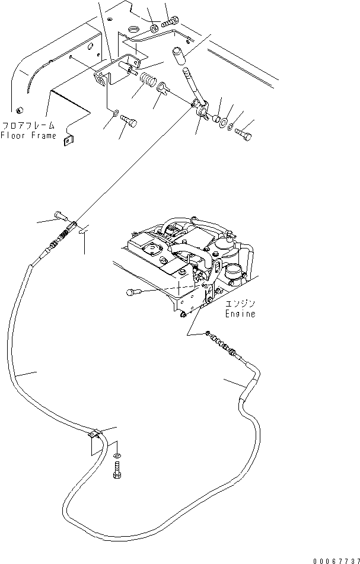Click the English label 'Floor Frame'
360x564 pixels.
point(28,135)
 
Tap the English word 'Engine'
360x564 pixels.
point(240,314)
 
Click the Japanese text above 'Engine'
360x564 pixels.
point(240,304)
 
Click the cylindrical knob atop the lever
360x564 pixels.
point(179,56)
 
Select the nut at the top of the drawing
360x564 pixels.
point(153,27)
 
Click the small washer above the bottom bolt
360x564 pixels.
point(116,455)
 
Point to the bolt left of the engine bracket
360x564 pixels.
point(133,292)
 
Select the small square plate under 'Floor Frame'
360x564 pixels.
point(66,139)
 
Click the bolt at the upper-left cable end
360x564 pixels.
point(60,214)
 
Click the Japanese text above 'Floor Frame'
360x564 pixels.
point(28,126)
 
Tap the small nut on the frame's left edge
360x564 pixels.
point(19,110)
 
